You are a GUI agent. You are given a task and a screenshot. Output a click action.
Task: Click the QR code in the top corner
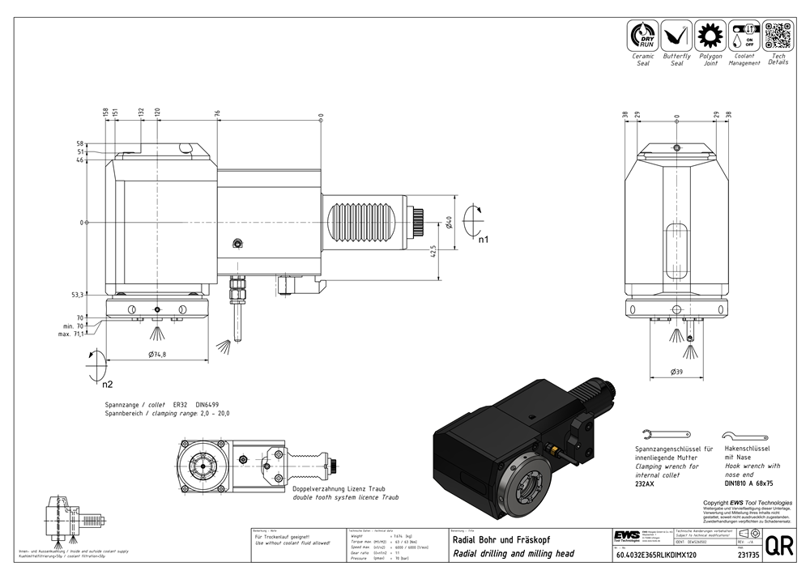click(778, 36)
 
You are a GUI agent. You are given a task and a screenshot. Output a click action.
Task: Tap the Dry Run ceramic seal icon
click(644, 36)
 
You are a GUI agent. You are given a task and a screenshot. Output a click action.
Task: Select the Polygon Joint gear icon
click(710, 36)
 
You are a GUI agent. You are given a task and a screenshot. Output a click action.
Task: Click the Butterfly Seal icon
click(676, 36)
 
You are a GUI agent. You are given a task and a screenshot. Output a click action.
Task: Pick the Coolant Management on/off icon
click(744, 36)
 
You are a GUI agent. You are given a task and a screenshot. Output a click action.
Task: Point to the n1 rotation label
click(483, 240)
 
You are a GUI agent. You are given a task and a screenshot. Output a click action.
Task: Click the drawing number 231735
click(749, 556)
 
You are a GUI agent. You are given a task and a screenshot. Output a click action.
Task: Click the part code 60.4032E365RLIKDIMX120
click(658, 556)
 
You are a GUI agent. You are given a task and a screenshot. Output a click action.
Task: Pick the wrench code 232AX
click(645, 483)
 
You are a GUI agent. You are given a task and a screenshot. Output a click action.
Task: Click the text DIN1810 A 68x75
click(749, 483)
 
